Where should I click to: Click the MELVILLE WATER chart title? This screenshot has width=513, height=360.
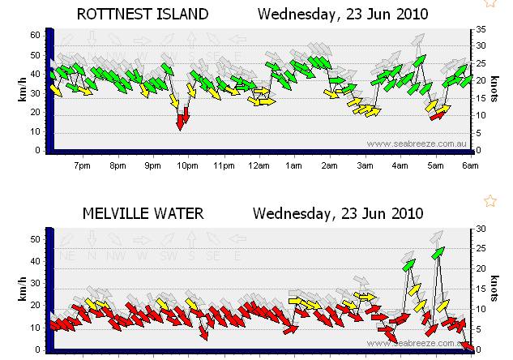[x=143, y=214]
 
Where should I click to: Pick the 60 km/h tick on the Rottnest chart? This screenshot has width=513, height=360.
[x=35, y=35]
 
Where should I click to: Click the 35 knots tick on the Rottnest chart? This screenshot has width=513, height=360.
[x=479, y=29]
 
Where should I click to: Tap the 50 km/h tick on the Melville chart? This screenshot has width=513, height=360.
[x=35, y=240]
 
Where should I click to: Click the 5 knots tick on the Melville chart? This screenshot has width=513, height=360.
[x=479, y=329]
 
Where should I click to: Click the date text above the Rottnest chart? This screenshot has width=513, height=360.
[x=344, y=14]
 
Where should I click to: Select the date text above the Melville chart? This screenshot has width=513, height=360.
[x=338, y=214]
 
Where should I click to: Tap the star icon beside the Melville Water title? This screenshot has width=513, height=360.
[x=489, y=200]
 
